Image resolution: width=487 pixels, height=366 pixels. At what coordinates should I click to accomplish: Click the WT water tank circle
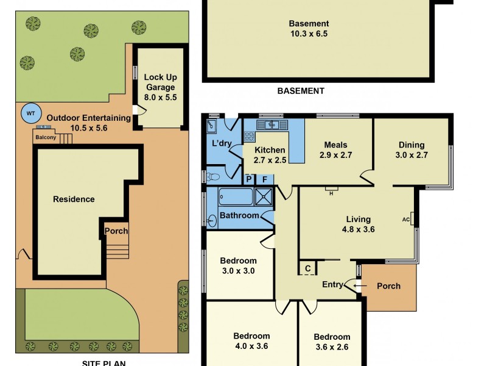(x=30, y=113)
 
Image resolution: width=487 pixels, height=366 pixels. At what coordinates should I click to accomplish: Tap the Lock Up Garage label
(x=160, y=87)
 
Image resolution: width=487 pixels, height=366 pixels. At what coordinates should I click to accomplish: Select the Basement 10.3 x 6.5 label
(x=308, y=29)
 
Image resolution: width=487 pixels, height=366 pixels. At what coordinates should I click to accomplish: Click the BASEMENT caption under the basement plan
(x=301, y=91)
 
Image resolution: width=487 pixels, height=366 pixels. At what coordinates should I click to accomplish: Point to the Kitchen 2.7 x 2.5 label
(x=269, y=155)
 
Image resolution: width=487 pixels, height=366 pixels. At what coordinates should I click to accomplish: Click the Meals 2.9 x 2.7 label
(x=335, y=150)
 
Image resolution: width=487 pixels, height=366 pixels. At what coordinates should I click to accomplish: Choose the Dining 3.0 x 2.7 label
(x=412, y=150)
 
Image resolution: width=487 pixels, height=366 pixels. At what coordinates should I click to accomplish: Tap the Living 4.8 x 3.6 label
(x=358, y=224)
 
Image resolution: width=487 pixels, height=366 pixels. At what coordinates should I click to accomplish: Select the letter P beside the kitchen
(x=248, y=179)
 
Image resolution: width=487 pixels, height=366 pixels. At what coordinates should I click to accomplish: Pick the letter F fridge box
(x=264, y=179)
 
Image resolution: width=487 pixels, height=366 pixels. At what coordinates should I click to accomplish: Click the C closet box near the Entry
(x=307, y=268)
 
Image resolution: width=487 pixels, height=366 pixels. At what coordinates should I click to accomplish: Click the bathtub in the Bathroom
(x=234, y=197)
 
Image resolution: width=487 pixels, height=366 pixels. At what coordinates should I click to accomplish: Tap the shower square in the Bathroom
(x=265, y=196)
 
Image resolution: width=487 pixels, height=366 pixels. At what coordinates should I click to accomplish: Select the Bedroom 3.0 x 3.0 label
(x=238, y=266)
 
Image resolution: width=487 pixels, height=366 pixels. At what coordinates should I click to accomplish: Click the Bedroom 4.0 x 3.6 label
(x=251, y=341)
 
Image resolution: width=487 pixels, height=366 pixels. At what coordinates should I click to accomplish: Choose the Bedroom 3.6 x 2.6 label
(x=332, y=342)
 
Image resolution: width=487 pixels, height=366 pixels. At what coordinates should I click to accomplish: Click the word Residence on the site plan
(x=74, y=199)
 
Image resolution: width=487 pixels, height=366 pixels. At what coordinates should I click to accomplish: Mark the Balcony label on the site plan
(x=45, y=137)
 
